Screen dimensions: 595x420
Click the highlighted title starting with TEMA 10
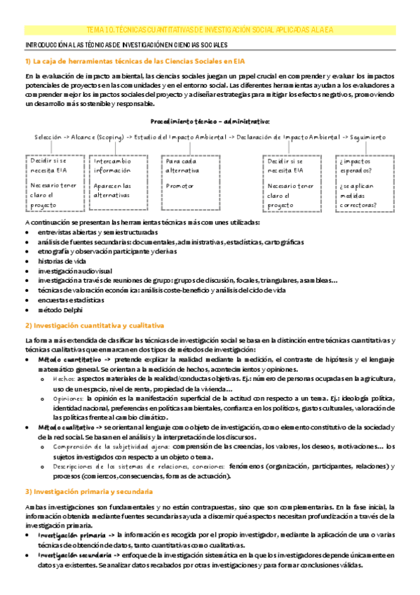210,30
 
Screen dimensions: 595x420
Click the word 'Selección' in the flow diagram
48,137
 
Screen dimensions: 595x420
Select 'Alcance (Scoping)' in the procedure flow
97,137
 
